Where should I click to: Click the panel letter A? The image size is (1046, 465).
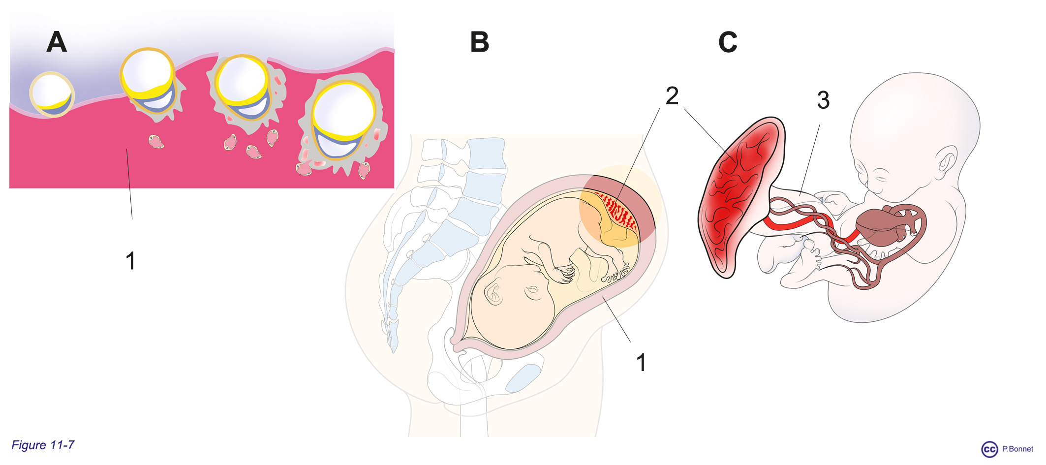click(57, 42)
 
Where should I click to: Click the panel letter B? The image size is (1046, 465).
click(480, 42)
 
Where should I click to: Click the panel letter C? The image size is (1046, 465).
click(728, 42)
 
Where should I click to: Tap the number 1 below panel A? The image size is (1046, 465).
click(130, 261)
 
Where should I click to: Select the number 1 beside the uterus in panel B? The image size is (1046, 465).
click(641, 363)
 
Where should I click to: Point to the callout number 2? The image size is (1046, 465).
click(672, 95)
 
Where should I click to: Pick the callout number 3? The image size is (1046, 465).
click(823, 100)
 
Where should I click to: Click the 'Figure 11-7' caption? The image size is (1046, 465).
click(43, 445)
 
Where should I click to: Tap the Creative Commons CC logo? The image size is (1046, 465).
click(989, 449)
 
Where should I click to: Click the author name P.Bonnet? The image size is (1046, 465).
click(1018, 449)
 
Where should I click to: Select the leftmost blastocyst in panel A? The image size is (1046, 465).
click(52, 94)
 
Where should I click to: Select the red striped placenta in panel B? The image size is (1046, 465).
click(617, 211)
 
